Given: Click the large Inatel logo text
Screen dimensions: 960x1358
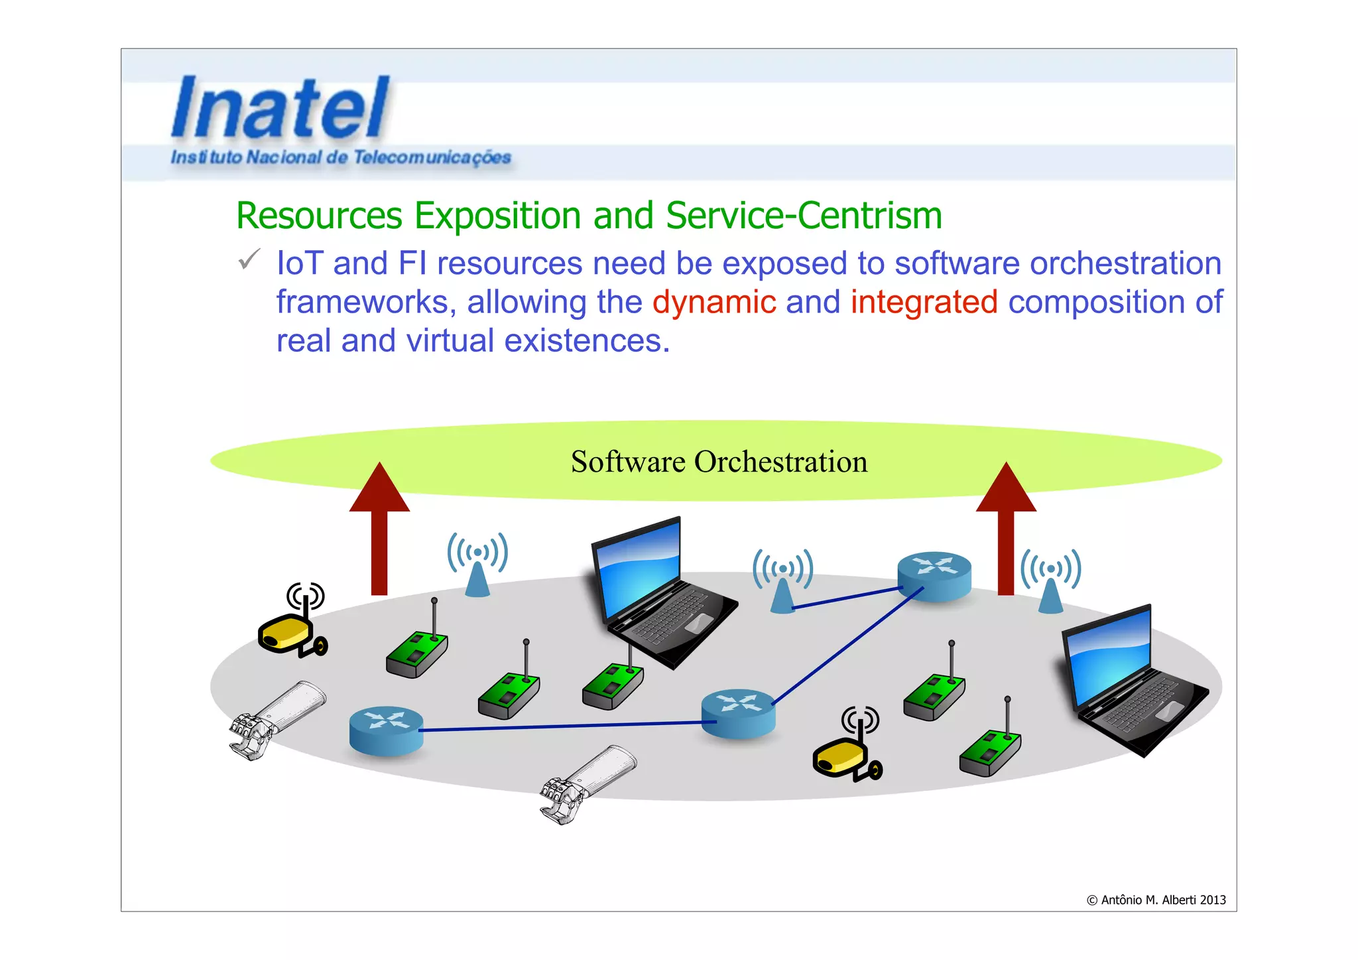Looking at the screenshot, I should [280, 107].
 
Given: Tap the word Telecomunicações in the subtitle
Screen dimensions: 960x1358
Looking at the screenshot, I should [432, 158].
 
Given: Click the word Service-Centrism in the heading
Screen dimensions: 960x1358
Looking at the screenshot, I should [804, 216].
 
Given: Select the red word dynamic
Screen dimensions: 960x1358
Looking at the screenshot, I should [714, 303].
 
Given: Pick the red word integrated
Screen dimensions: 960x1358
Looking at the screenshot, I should [924, 303].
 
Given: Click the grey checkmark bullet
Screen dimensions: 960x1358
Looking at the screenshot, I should [249, 260].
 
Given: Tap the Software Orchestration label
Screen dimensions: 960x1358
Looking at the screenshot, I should [719, 462].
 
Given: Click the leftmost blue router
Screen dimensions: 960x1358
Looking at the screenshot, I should [386, 730].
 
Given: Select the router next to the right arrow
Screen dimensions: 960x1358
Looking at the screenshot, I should [934, 576].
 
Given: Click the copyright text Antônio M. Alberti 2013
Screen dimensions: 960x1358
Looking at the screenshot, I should [1156, 900].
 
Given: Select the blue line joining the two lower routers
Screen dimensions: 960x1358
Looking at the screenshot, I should [564, 726].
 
